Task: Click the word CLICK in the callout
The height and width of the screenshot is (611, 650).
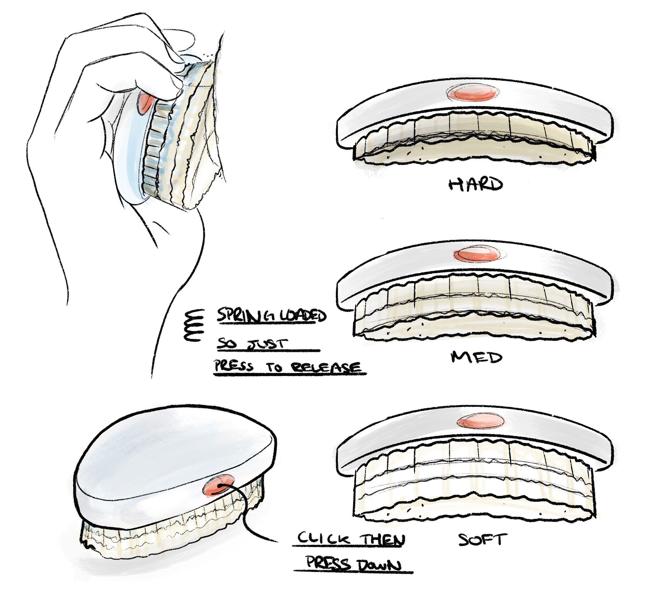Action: tap(324, 538)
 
